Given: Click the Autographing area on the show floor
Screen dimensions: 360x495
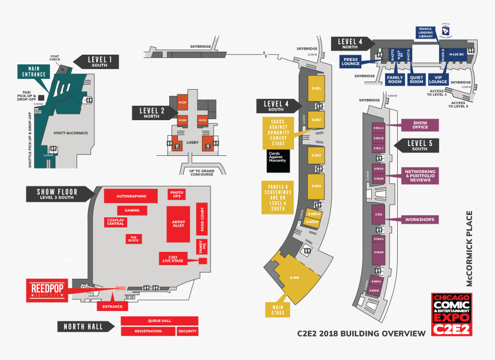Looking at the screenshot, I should pyautogui.click(x=131, y=196).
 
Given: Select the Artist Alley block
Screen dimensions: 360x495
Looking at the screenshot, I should pyautogui.click(x=178, y=223).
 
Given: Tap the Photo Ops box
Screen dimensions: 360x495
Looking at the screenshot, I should pyautogui.click(x=177, y=195).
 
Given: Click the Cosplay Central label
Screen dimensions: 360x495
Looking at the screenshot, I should pyautogui.click(x=116, y=222).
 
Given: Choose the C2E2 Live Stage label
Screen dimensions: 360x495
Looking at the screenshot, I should pyautogui.click(x=172, y=259).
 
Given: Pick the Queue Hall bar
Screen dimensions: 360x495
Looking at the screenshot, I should pyautogui.click(x=159, y=320).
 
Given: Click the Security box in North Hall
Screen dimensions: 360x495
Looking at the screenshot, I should pyautogui.click(x=188, y=331).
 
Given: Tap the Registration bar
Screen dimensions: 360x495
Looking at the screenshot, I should pyautogui.click(x=148, y=331).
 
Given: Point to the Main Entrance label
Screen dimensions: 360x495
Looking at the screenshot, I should pyautogui.click(x=35, y=71).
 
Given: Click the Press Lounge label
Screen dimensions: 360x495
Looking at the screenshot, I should pyautogui.click(x=351, y=61).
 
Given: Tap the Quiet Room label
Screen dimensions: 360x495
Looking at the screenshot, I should pyautogui.click(x=416, y=79).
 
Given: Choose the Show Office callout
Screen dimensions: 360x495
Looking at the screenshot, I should pyautogui.click(x=420, y=125).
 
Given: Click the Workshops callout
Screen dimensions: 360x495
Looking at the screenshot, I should pyautogui.click(x=420, y=220).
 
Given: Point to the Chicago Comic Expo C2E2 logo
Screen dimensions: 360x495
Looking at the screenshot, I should pyautogui.click(x=452, y=315).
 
